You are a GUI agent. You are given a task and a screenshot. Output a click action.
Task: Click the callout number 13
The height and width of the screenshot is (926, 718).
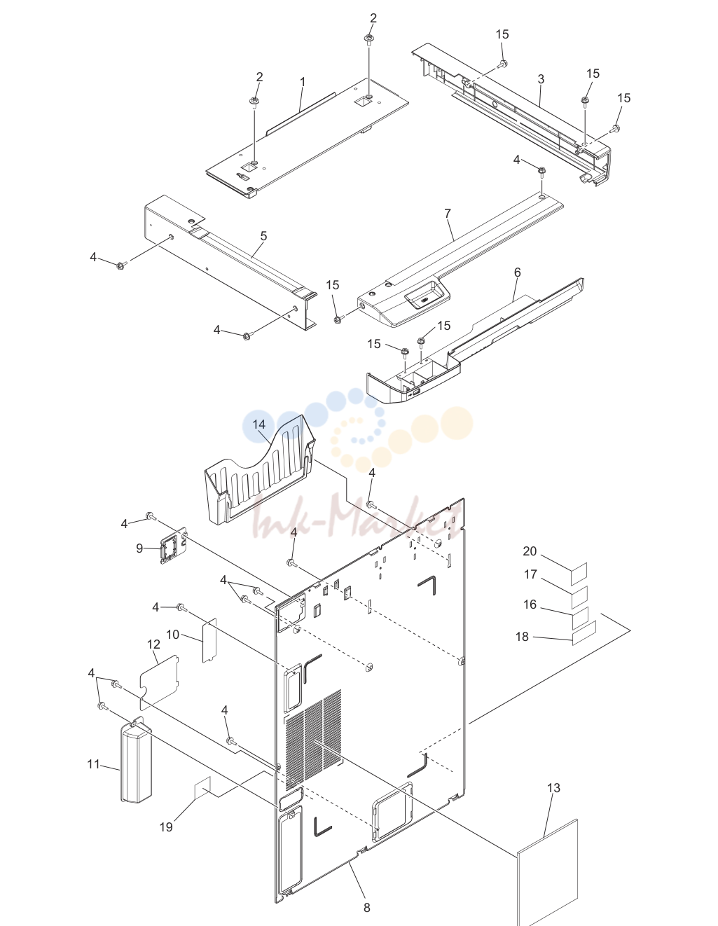point(553,788)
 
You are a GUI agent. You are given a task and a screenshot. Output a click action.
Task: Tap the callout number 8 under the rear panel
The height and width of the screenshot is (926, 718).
point(367,908)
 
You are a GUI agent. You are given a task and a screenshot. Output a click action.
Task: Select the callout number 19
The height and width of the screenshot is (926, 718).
point(166,827)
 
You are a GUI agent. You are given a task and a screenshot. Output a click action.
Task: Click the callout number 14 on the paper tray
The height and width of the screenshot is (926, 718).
point(258,424)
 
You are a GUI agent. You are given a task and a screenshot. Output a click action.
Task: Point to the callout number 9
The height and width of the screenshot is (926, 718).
point(139,548)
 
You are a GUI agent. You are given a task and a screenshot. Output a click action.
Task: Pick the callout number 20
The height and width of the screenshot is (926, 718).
point(530,551)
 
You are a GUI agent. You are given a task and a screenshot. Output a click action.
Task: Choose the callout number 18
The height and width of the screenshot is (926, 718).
point(522,636)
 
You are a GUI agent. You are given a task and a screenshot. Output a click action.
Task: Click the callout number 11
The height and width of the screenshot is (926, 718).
point(93,764)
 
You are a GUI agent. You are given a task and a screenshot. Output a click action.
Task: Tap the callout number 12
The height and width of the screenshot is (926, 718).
point(153,644)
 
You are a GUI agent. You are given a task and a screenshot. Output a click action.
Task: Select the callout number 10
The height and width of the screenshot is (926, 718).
point(172,635)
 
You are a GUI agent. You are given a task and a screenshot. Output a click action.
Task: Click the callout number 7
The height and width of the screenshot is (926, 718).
point(448,214)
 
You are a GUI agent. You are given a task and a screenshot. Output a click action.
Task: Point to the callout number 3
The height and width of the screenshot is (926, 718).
point(541,79)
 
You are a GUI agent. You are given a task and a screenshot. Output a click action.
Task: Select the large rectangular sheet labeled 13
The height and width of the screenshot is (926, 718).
point(547,871)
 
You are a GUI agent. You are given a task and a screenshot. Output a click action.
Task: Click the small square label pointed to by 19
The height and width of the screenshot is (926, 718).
point(202,787)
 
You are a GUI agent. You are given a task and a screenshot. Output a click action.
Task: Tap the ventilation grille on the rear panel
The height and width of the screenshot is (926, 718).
point(313,740)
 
